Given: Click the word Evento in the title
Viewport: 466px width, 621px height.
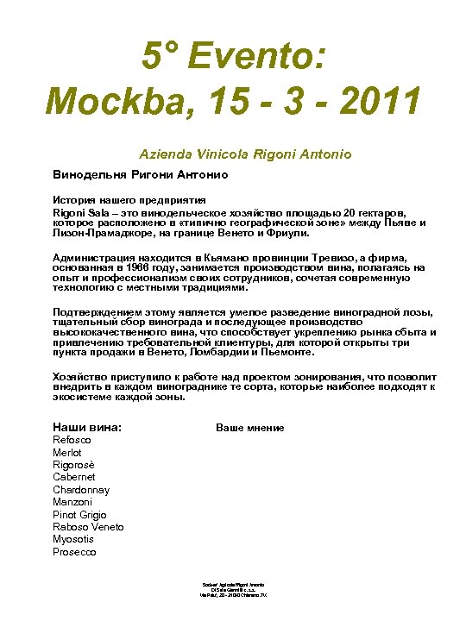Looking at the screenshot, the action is pyautogui.click(x=263, y=60).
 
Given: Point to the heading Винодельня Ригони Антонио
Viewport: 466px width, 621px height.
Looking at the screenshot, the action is pyautogui.click(x=140, y=174).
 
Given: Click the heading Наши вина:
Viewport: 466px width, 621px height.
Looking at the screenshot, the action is pyautogui.click(x=87, y=427).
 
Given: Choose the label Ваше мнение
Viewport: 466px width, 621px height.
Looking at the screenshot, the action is pyautogui.click(x=249, y=428).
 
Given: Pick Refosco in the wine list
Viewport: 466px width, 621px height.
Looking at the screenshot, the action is pyautogui.click(x=72, y=440).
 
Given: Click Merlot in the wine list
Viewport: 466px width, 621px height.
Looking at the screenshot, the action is pyautogui.click(x=67, y=453).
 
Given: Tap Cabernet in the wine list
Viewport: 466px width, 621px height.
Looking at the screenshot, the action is pyautogui.click(x=74, y=477).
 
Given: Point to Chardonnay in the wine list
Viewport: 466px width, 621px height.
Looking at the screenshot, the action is pyautogui.click(x=81, y=490).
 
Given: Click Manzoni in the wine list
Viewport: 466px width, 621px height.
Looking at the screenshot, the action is pyautogui.click(x=73, y=502).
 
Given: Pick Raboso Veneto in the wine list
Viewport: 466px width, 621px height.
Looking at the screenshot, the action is pyautogui.click(x=88, y=527).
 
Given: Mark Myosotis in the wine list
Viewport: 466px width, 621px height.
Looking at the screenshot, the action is pyautogui.click(x=73, y=539).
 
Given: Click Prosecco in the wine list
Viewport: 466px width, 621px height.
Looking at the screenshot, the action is pyautogui.click(x=74, y=552).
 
